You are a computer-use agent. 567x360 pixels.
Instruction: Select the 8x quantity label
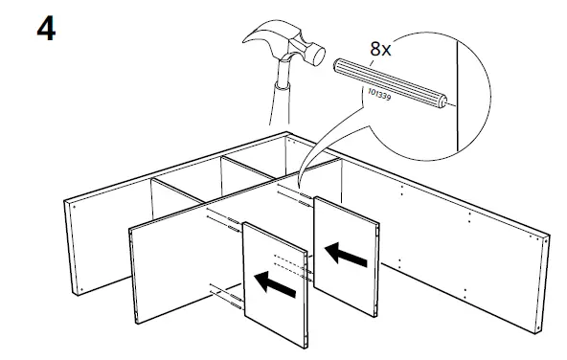click(380, 47)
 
